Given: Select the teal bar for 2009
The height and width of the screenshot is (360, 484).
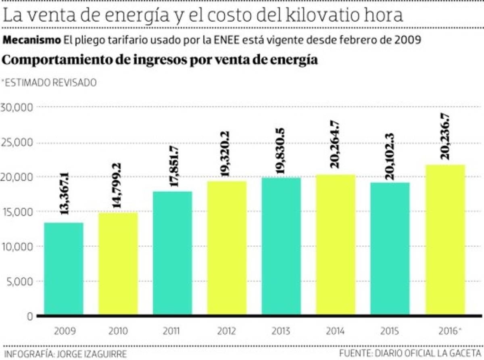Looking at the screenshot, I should click(x=64, y=268).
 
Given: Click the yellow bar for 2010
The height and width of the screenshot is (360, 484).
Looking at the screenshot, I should click(x=118, y=264).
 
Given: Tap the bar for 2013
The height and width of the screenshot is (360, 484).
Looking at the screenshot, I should click(x=281, y=246).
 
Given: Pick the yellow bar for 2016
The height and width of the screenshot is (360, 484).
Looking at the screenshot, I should click(x=445, y=240).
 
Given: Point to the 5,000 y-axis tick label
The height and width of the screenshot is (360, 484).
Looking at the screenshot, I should click(x=19, y=281).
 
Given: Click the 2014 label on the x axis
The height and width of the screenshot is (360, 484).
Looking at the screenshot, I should click(x=335, y=331).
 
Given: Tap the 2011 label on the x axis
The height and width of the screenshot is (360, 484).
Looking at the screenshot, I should click(x=172, y=331).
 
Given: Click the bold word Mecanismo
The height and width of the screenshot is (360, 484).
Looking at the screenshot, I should click(x=31, y=40).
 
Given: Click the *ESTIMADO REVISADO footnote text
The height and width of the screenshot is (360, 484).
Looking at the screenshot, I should click(x=49, y=83).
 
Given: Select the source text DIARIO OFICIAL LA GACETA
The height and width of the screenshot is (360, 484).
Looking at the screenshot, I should click(x=430, y=354).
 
